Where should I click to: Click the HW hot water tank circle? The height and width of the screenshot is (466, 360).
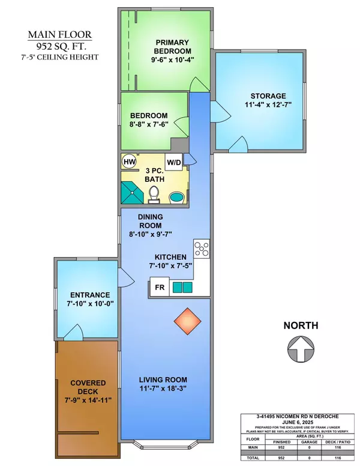129,162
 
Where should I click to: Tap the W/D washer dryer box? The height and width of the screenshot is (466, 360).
174,162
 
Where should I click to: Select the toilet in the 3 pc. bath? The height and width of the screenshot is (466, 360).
154,195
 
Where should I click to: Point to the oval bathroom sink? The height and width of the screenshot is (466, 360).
178,197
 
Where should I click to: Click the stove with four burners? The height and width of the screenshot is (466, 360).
201,247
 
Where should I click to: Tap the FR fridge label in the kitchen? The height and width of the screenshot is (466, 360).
160,288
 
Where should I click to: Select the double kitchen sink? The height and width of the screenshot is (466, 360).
182,288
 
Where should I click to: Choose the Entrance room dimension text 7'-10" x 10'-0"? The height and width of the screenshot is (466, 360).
89,304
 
